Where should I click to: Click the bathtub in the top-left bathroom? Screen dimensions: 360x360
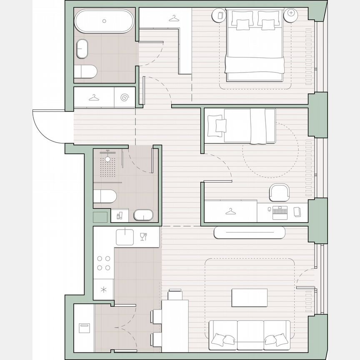pyautogui.click(x=104, y=21)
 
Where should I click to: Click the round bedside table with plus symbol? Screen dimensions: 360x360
pyautogui.click(x=291, y=14)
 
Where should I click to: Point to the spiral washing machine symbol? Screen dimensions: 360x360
pyautogui.click(x=125, y=98)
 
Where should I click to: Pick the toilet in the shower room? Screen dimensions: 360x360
pyautogui.click(x=104, y=197)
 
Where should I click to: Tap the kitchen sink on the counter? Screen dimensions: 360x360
pyautogui.click(x=125, y=237)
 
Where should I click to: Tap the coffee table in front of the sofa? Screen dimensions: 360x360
pyautogui.click(x=249, y=297)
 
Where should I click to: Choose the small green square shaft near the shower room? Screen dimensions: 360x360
pyautogui.click(x=100, y=217)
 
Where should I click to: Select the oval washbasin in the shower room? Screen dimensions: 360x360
pyautogui.click(x=143, y=215)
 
